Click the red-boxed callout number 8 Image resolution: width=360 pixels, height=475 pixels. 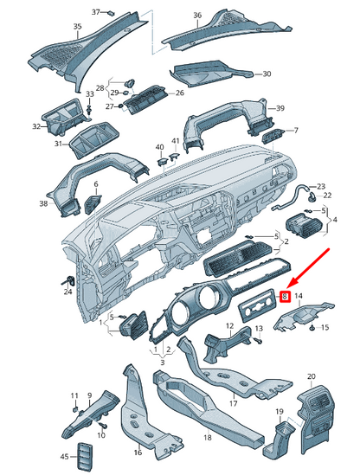[x=285, y=297]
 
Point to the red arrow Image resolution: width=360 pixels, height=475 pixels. [x=307, y=268]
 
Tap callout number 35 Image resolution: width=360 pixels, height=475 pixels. [x=78, y=27]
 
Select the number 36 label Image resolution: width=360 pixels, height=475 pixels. [x=197, y=16]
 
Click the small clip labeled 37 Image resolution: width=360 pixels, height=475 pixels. [x=112, y=13]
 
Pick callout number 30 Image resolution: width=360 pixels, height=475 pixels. [x=267, y=74]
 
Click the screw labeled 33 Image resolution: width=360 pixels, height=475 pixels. [x=89, y=109]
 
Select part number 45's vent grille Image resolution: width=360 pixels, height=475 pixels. [x=82, y=456]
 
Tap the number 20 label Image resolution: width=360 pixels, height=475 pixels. [x=312, y=376]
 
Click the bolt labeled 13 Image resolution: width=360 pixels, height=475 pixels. [x=258, y=341]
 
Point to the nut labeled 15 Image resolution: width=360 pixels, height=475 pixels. [x=312, y=328]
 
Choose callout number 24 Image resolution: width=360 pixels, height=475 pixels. [x=67, y=292]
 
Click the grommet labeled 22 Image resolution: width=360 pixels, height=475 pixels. [x=312, y=198]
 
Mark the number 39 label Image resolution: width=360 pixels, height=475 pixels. [x=280, y=108]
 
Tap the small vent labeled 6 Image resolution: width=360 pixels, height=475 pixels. [x=93, y=203]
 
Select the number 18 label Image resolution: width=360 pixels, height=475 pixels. [x=208, y=438]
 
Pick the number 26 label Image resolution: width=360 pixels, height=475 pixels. [x=180, y=93]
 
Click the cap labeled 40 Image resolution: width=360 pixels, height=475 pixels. [x=162, y=161]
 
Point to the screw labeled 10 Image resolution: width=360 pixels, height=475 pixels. [x=103, y=426]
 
